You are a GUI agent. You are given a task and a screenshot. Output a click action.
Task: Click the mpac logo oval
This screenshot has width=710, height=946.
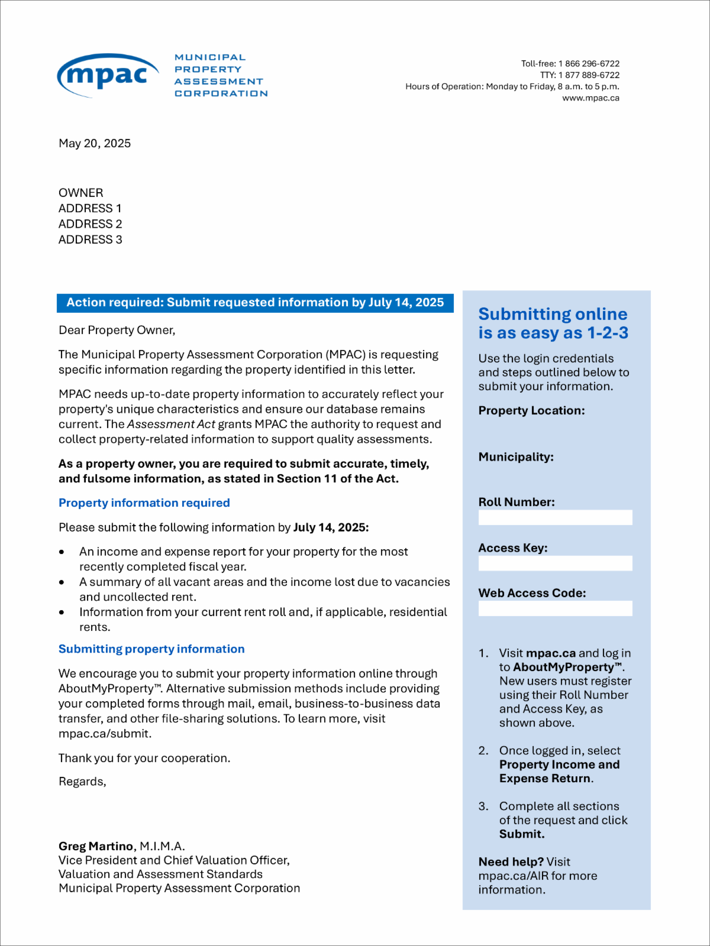point(108,76)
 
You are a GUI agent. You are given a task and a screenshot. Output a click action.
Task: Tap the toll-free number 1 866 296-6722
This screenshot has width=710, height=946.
point(589,64)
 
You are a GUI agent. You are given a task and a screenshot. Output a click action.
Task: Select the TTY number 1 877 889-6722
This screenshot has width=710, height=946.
point(589,75)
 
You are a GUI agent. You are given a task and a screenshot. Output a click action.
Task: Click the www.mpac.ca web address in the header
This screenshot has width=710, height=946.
point(590,98)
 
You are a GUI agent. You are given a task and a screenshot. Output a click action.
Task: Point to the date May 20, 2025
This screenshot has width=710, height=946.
point(95,144)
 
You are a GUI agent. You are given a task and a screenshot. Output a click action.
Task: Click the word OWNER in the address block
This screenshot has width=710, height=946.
point(81,193)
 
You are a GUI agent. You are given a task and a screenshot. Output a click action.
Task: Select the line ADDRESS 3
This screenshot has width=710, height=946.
point(91,239)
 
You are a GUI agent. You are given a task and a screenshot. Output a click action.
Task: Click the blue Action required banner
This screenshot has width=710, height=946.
point(255,303)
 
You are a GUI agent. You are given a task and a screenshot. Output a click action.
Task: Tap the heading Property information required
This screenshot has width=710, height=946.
point(144,503)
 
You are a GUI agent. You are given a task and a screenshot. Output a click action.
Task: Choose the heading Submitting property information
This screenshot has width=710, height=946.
point(151,649)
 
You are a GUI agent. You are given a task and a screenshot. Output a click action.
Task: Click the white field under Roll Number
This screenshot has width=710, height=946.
point(555,517)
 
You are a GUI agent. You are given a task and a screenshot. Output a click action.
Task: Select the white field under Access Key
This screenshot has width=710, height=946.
point(555,563)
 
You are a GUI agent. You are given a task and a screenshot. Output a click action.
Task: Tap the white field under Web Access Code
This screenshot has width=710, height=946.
point(555,608)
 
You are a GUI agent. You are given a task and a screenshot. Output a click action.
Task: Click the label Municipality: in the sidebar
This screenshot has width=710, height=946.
point(516,457)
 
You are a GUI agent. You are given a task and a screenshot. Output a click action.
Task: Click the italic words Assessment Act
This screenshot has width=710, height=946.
point(171,425)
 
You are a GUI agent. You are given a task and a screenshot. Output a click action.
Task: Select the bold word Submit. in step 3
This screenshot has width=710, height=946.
point(522,834)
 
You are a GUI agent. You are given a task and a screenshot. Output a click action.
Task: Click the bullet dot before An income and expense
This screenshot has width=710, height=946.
point(62,552)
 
